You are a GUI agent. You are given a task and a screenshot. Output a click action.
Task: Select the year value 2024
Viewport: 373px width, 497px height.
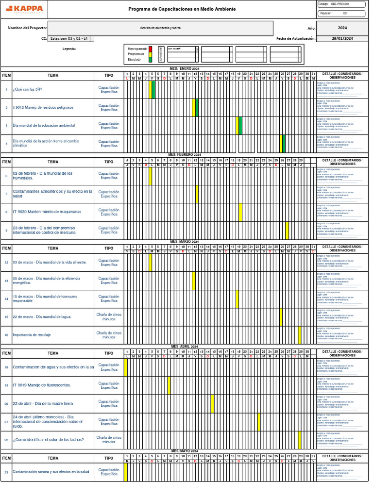click(342, 28)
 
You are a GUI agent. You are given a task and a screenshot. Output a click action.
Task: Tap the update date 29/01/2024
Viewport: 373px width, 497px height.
click(342, 38)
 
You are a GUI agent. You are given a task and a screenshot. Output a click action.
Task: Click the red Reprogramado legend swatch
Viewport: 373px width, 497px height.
click(151, 49)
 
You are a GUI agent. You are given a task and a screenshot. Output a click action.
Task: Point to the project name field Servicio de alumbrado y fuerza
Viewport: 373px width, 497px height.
click(160, 28)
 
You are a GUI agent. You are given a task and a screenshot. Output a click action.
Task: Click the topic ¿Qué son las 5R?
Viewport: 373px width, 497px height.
click(28, 90)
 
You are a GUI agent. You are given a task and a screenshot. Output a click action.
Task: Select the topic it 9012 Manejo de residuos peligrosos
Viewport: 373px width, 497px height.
click(43, 108)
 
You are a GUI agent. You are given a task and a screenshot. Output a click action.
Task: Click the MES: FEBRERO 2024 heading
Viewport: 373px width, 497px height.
click(185, 154)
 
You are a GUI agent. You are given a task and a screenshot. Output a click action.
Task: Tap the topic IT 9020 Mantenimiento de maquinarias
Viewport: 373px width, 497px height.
click(47, 212)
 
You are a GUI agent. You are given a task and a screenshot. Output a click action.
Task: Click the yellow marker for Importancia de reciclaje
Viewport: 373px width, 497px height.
click(300, 335)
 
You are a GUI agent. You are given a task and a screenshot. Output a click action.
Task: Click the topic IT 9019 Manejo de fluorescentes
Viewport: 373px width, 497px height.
click(42, 385)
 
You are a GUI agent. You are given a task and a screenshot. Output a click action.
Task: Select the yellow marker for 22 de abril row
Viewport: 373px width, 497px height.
click(213, 404)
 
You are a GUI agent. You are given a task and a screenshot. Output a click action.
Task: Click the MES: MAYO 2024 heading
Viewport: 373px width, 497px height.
click(185, 451)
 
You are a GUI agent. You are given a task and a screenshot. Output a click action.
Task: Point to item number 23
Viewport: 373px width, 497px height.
click(6, 472)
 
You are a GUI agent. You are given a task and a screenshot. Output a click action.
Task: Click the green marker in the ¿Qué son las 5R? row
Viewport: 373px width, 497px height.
click(154, 90)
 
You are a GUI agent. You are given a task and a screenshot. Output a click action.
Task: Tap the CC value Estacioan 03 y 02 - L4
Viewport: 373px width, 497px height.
click(69, 38)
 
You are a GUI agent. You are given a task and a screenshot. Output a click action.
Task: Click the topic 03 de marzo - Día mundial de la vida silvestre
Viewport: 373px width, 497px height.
click(50, 263)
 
